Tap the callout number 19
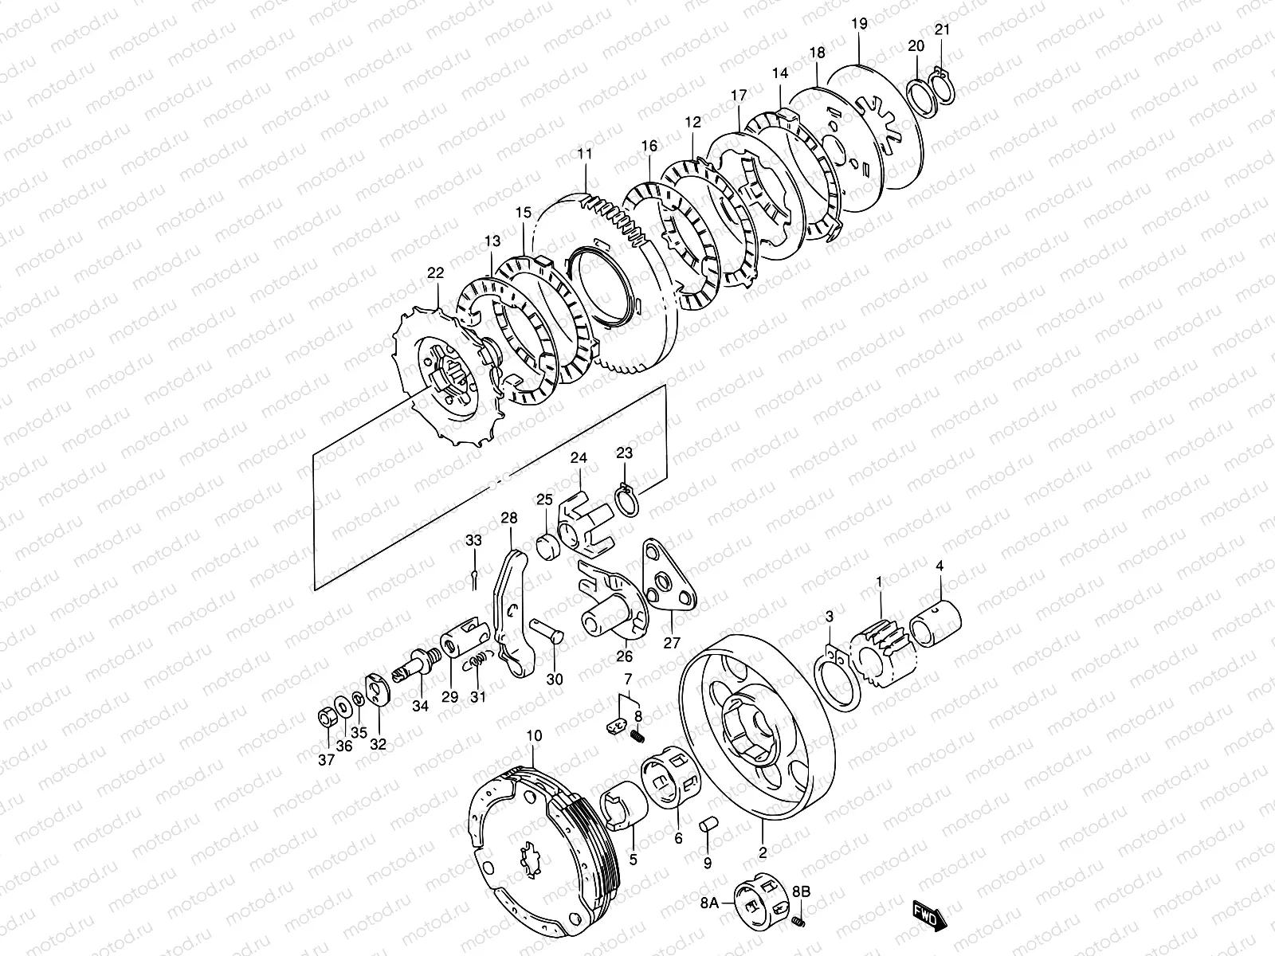[858, 23]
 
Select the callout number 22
[434, 273]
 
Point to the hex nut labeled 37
[326, 717]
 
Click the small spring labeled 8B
[799, 922]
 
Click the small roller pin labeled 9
[708, 825]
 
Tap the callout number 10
[534, 735]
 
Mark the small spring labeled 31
[477, 660]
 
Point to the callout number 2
[763, 852]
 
